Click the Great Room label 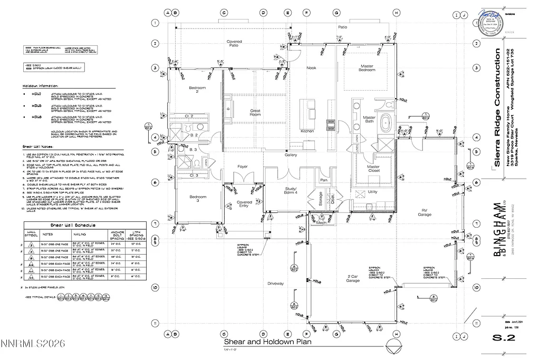click(x=255, y=112)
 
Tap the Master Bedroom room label click(x=367, y=68)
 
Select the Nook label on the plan click(x=312, y=67)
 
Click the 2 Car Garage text click(x=353, y=278)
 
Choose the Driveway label click(x=275, y=284)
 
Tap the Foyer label click(x=242, y=167)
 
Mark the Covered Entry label click(x=244, y=204)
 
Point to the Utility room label click(x=373, y=192)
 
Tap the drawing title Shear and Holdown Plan click(x=268, y=342)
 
